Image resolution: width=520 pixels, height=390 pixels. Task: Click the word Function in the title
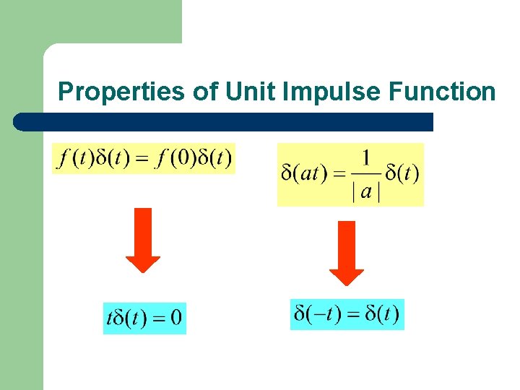[x=442, y=92]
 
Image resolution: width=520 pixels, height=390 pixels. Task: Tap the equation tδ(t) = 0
[x=144, y=318]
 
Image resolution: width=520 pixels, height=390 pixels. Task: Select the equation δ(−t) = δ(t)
[x=347, y=314]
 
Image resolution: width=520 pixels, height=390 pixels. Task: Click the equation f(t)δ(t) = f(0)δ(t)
[x=144, y=157]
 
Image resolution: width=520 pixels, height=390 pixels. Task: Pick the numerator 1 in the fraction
[x=366, y=157]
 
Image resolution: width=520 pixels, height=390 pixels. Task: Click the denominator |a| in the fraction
[x=366, y=192]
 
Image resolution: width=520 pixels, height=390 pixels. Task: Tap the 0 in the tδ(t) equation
[x=175, y=318]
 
